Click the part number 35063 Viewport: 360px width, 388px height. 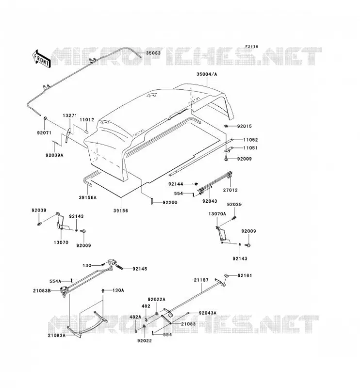click(153, 53)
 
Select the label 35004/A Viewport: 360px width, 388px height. click(207, 74)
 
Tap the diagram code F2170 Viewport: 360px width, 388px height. click(252, 47)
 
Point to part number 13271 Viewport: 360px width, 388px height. click(69, 115)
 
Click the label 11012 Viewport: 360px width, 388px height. click(87, 120)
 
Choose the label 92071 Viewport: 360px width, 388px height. click(44, 133)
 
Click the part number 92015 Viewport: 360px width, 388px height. click(245, 126)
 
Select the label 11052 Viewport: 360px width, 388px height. click(250, 140)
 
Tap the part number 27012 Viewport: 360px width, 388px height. click(230, 190)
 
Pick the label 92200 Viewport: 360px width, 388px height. click(170, 202)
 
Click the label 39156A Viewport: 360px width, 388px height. click(88, 197)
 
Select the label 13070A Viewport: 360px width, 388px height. click(217, 214)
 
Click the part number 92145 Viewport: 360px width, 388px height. click(140, 269)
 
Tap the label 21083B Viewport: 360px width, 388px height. click(42, 291)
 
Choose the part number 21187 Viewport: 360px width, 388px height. click(201, 280)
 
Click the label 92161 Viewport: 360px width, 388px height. click(245, 275)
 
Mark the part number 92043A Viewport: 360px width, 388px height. click(208, 313)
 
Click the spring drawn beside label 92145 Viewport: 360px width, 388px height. click(118, 267)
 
